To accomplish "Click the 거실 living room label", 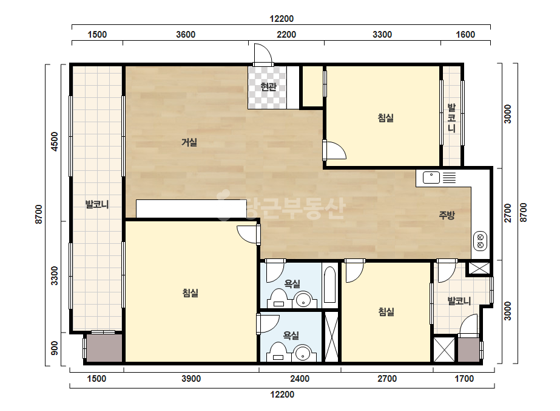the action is [x=189, y=142].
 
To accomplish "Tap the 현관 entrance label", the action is [x=268, y=87].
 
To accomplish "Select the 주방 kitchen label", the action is [x=447, y=215].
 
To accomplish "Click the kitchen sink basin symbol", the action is [x=431, y=177].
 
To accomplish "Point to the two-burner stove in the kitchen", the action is [x=481, y=241].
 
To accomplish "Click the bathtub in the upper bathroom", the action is [x=329, y=285].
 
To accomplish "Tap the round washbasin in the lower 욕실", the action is [x=303, y=353].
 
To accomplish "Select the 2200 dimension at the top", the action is [x=286, y=35].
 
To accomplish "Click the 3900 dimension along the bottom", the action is [x=191, y=378].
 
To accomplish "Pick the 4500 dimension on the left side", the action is [x=54, y=142].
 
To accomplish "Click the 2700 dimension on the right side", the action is [x=507, y=213].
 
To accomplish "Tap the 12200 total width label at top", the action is [x=282, y=19].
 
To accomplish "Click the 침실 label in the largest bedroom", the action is [x=191, y=293].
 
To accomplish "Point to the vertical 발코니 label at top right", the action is [x=452, y=118].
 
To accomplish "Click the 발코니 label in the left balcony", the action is [x=97, y=204].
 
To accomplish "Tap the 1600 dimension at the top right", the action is [x=465, y=35].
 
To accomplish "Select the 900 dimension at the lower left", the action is [x=54, y=348].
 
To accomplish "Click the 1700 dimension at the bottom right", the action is [x=464, y=378].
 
